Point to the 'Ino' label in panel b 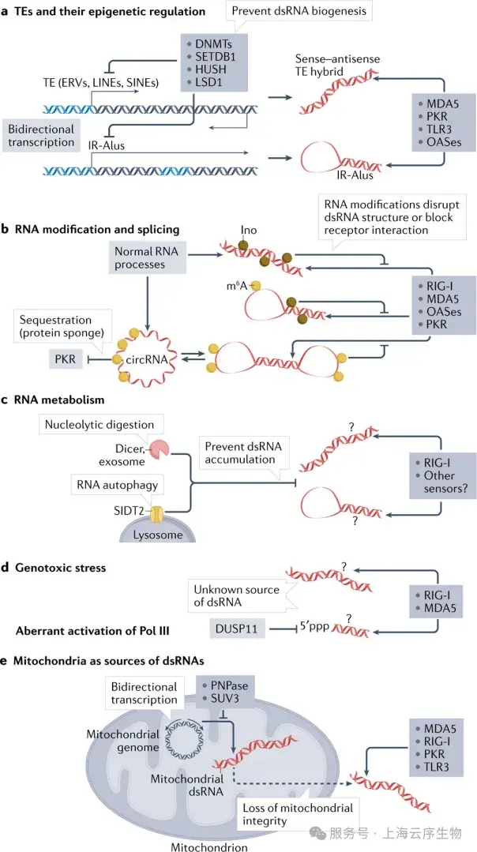coord(248,232)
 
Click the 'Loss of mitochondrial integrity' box coord(296,813)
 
